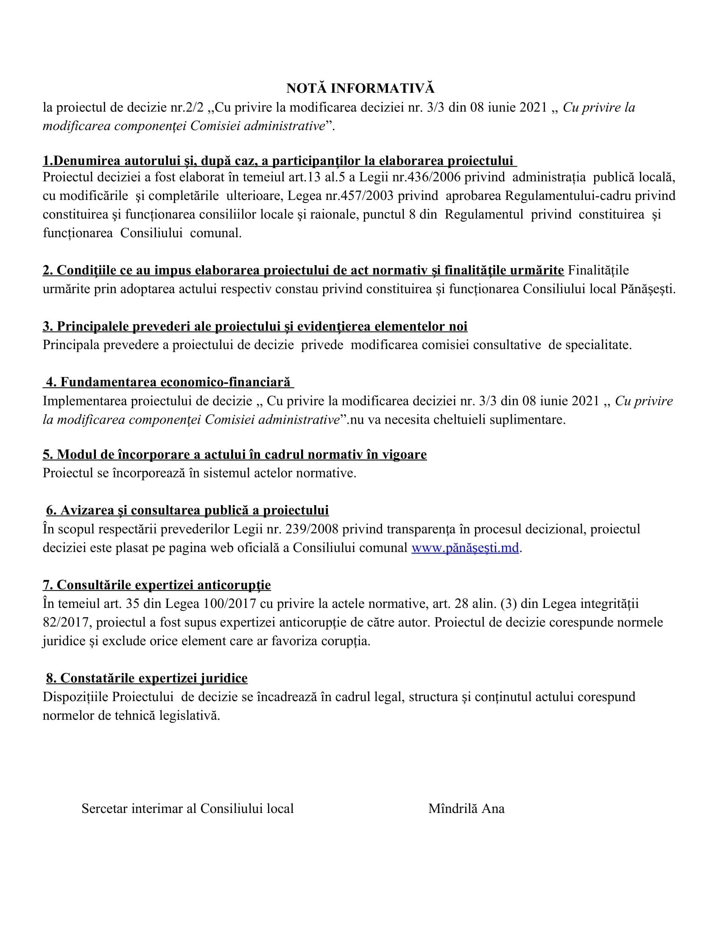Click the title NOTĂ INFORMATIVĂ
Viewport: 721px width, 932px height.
360,89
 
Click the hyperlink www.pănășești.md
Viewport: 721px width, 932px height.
465,547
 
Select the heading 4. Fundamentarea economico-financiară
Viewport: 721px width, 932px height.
168,382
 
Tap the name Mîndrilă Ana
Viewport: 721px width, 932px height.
467,808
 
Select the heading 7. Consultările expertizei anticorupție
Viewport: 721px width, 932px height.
156,585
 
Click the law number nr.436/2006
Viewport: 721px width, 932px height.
427,177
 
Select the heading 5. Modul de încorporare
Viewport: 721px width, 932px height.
235,455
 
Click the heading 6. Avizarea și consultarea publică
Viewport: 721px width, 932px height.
187,510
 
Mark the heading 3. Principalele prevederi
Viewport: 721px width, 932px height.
255,326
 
